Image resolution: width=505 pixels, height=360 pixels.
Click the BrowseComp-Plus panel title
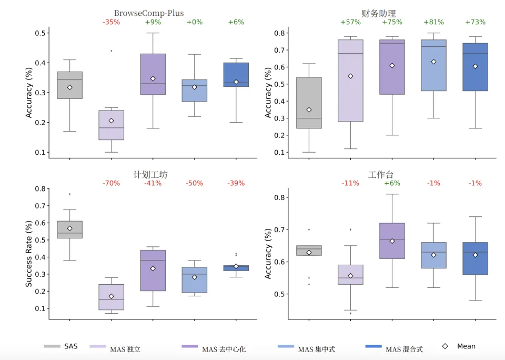(149, 13)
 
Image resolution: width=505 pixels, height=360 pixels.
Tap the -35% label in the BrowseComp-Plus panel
(111, 22)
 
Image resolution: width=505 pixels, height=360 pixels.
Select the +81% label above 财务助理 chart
(433, 22)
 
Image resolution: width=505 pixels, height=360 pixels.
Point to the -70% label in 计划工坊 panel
(111, 183)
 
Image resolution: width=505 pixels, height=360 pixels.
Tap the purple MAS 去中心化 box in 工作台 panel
(392, 241)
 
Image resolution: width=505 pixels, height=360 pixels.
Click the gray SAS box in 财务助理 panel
(309, 103)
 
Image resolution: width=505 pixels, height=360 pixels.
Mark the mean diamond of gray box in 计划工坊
(69, 228)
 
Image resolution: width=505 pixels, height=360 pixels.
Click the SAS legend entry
(61, 346)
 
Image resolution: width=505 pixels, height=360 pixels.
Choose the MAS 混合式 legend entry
(395, 348)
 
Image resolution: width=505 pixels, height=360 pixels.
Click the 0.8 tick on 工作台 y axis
(280, 197)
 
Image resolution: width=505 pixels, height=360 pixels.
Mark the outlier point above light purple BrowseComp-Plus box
(111, 51)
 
